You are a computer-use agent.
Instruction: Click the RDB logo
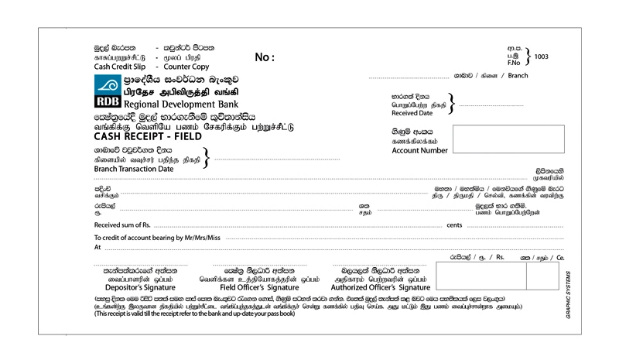click(107, 93)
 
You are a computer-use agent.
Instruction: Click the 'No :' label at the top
click(265, 57)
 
